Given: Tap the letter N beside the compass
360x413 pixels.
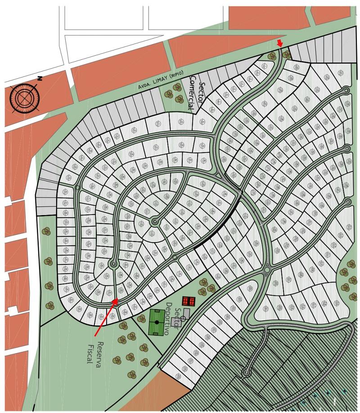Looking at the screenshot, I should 40,79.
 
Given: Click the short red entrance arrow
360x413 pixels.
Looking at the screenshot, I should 280,43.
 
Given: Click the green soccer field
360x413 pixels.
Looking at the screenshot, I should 157,322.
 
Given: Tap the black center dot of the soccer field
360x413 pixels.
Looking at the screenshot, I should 157,322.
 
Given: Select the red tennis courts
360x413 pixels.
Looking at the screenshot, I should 189,301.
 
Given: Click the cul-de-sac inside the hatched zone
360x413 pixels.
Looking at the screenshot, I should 246,372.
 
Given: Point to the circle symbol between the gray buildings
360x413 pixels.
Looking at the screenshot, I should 183,319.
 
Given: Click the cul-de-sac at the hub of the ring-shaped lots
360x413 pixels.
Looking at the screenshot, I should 155,221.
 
